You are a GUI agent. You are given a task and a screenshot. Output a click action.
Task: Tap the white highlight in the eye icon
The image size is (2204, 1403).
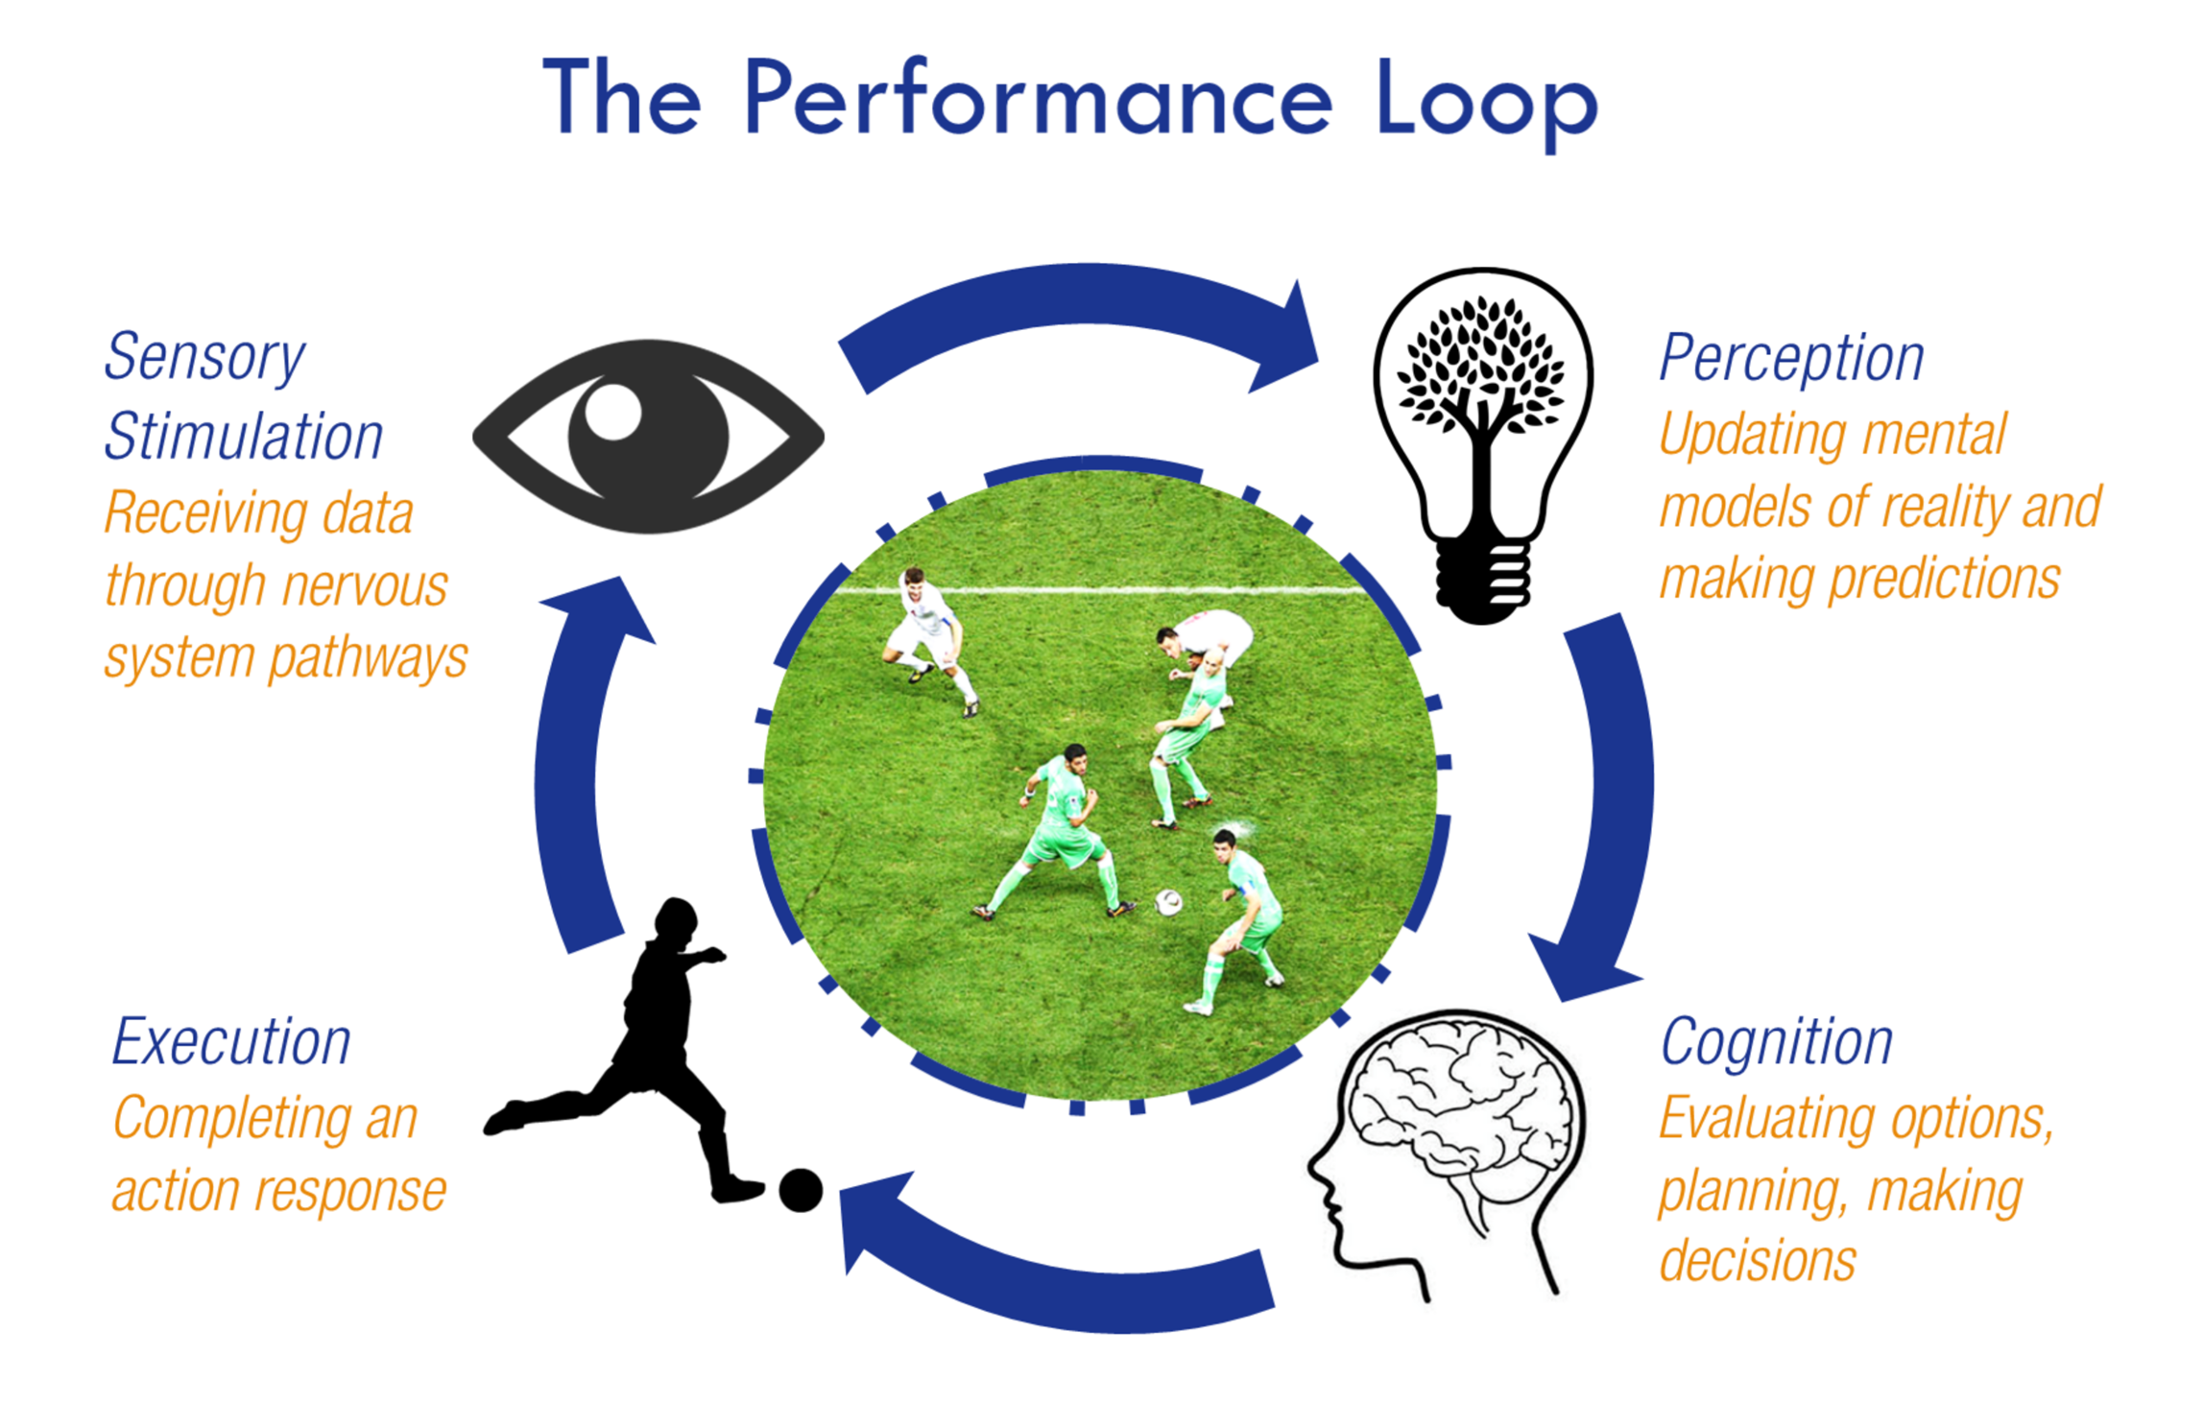[x=612, y=412]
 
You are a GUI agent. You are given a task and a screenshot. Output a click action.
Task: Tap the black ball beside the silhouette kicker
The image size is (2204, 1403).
[x=801, y=1191]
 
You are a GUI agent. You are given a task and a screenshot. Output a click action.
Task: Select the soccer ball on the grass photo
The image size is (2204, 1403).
[x=1168, y=902]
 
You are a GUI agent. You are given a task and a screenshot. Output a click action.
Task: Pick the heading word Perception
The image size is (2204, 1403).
[x=1791, y=359]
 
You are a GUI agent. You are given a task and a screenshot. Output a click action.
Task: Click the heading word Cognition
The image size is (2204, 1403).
[x=1776, y=1042]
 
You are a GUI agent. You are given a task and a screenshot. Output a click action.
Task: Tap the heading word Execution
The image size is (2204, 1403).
[x=231, y=1042]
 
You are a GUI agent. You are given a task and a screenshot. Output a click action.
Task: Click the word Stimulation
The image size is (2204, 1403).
[x=244, y=438]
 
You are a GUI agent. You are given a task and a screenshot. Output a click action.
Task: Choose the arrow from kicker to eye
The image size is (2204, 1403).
[x=571, y=768]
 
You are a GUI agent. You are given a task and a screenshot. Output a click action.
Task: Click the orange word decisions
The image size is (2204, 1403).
[x=1757, y=1261]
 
